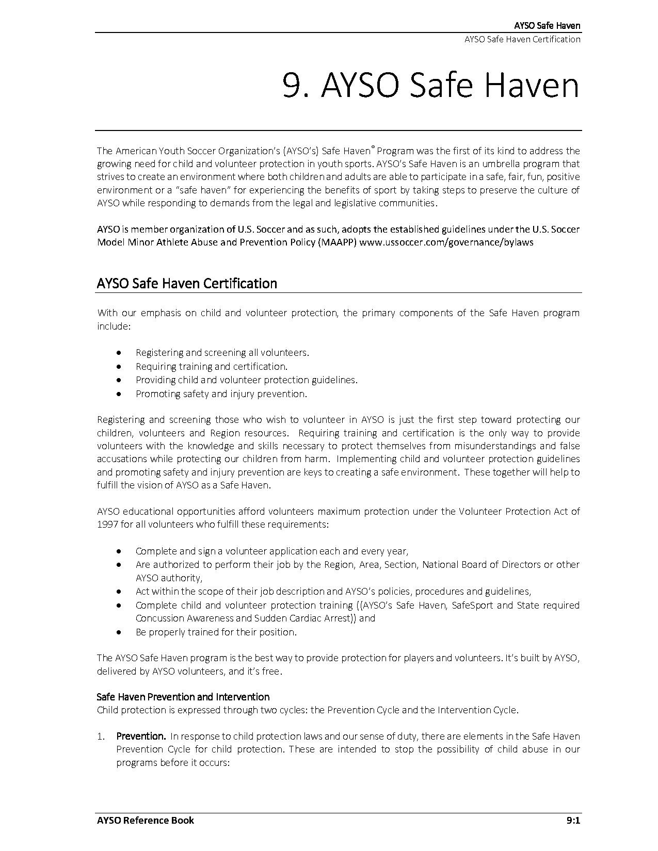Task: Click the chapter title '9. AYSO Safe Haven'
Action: click(431, 85)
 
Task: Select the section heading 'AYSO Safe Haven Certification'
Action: click(187, 284)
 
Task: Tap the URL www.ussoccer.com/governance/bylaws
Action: click(446, 242)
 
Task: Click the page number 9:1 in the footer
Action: click(573, 821)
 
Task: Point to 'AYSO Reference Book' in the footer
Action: click(146, 821)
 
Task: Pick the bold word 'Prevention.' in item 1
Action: click(141, 736)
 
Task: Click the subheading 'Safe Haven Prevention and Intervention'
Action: click(183, 697)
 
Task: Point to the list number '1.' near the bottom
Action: click(102, 737)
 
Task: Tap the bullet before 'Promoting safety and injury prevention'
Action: click(120, 394)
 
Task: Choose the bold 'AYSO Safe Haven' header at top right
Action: click(547, 26)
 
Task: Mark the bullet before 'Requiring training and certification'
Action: click(120, 367)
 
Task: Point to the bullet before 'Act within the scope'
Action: click(120, 592)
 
